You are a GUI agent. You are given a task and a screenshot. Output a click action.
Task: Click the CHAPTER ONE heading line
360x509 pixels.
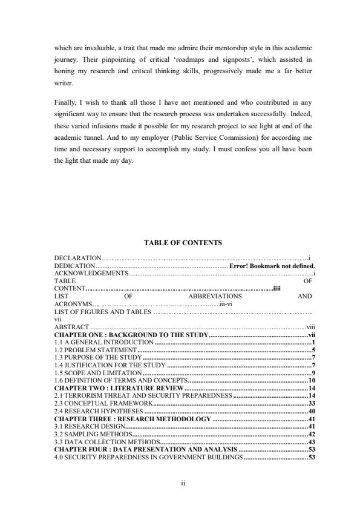[x=131, y=334]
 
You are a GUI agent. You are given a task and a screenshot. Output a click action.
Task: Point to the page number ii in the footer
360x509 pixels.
[x=183, y=483]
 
